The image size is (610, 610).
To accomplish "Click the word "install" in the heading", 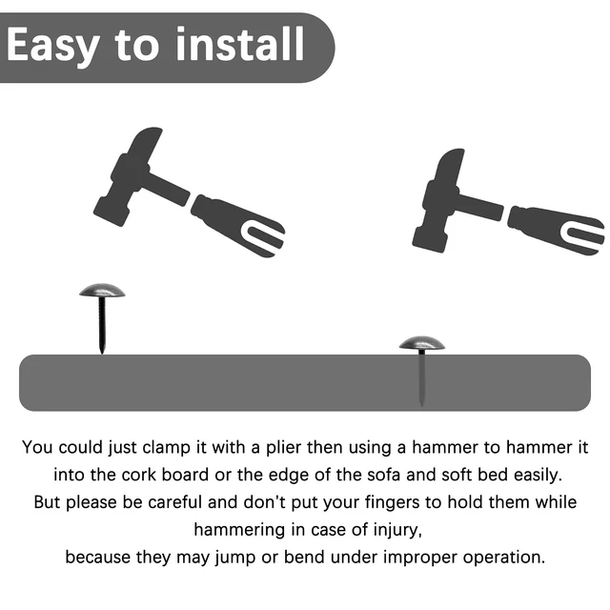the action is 240,44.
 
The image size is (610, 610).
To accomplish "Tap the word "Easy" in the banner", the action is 52,46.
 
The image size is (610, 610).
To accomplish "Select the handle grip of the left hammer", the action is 238,226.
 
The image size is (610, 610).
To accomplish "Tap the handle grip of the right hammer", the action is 557,230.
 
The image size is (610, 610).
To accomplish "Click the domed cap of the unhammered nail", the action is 102,290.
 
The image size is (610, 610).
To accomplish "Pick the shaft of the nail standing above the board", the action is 102,325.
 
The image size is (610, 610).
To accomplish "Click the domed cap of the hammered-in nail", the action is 421,343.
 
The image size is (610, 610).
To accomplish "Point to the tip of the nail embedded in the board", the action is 421,406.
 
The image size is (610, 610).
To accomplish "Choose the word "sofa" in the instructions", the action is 383,475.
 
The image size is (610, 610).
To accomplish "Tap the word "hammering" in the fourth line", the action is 239,530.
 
